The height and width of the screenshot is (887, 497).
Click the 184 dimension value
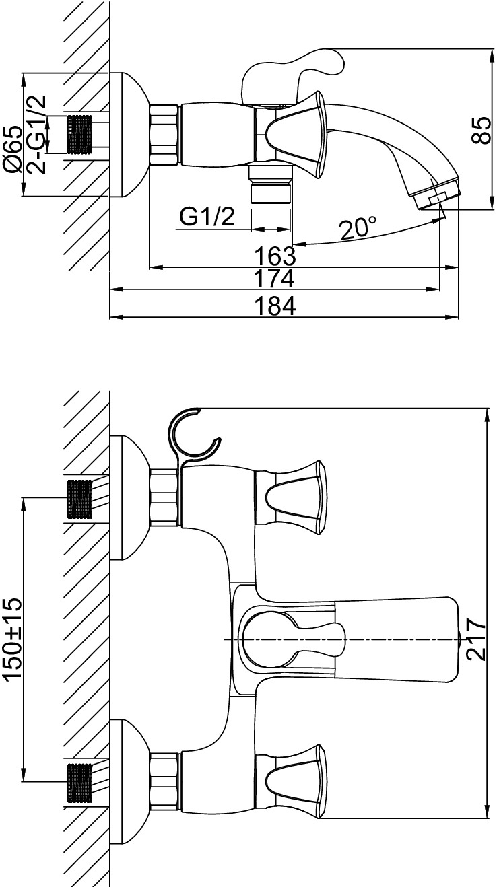(275, 306)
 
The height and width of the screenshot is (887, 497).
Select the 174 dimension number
(274, 279)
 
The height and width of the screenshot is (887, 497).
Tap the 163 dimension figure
(275, 256)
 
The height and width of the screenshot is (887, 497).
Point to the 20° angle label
(358, 229)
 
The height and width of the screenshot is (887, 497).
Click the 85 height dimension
(481, 130)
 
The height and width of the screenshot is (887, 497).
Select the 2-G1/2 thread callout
(36, 135)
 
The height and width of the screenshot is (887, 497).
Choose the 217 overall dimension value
(475, 639)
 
